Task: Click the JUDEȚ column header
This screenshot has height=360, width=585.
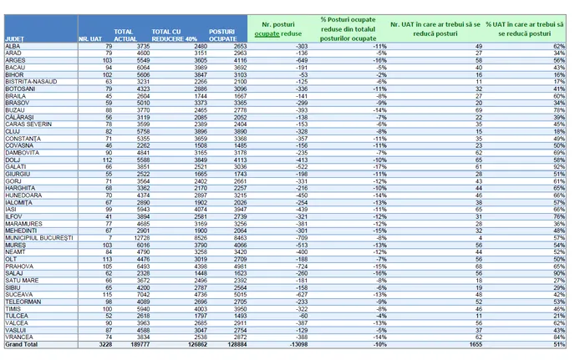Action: (14, 38)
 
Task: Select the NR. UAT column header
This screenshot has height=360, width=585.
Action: (89, 38)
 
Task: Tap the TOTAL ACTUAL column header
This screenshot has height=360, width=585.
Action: (125, 35)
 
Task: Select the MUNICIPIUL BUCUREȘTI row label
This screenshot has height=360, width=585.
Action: (39, 237)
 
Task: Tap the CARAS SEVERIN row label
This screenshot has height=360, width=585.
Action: (28, 123)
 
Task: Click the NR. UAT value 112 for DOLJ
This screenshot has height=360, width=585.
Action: (107, 159)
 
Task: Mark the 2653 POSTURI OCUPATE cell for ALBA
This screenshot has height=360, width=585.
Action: (239, 45)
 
